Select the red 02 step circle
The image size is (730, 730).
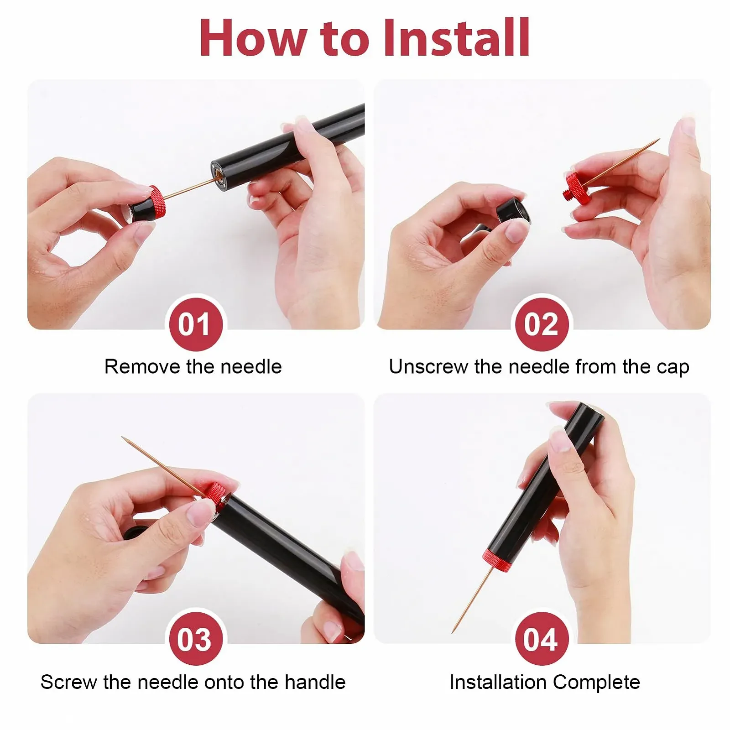[541, 324]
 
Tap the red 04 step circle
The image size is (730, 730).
[541, 639]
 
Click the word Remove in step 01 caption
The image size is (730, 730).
[142, 367]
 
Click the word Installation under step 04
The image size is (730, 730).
[498, 682]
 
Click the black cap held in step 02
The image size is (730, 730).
[513, 211]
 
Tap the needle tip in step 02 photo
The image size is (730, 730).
[659, 140]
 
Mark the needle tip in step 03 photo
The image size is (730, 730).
[122, 438]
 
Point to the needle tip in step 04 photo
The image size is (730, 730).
[453, 632]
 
